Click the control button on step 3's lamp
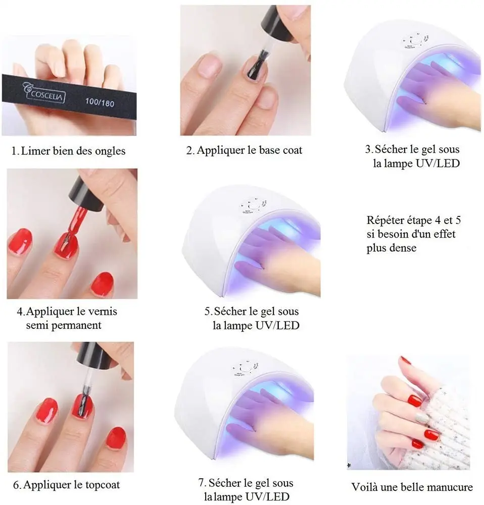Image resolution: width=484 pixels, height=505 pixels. [x=415, y=41]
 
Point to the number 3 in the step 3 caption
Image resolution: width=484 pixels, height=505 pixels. [x=368, y=149]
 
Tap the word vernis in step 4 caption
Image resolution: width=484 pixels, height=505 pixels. [x=102, y=311]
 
